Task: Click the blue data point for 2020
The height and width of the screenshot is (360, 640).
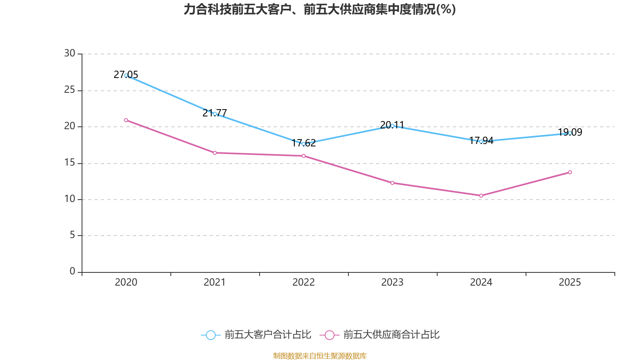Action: [126, 75]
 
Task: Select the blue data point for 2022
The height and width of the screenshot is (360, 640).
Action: [304, 144]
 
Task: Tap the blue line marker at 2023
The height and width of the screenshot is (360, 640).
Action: [392, 126]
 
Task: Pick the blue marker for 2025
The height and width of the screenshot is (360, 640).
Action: [570, 133]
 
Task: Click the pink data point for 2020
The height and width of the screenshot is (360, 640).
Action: [126, 120]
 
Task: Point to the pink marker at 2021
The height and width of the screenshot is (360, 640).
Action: [215, 153]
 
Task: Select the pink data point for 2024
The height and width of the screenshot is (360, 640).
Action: [481, 196]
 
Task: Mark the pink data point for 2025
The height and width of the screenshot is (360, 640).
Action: [570, 172]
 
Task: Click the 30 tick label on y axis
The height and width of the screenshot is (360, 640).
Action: [70, 54]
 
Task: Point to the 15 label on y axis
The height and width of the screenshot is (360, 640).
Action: [70, 163]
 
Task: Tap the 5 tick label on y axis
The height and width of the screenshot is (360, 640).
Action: [72, 235]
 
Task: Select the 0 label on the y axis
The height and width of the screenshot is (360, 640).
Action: [72, 272]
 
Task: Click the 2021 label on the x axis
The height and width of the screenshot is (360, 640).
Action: [215, 282]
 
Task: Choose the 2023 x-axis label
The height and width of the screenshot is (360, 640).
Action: [392, 282]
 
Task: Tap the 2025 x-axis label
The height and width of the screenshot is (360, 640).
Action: [570, 282]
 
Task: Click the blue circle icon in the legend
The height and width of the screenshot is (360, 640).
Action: [210, 335]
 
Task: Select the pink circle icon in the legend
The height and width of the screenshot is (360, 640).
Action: [330, 335]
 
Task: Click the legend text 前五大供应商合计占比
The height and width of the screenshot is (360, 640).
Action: [391, 335]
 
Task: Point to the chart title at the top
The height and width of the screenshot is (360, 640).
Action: [320, 10]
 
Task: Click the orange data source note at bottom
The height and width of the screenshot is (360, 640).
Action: [320, 356]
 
